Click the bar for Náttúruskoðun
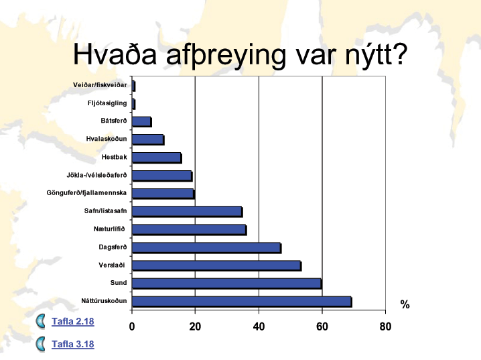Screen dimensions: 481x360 242,302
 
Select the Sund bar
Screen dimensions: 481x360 227,284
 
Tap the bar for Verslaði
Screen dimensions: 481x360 217,265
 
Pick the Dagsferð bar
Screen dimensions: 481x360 207,248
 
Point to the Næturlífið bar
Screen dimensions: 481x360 190,230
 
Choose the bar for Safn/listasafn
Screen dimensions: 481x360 188,212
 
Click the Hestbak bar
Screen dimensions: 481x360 157,158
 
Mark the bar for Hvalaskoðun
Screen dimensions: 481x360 148,139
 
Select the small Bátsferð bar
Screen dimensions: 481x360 142,121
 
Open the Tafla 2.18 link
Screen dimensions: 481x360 73,321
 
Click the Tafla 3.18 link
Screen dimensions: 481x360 73,344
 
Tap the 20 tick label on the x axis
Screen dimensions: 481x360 195,326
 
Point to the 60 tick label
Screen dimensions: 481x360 322,326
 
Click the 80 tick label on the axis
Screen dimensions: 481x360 385,326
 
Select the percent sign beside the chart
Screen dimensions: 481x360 405,304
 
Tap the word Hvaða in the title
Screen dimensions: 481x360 115,54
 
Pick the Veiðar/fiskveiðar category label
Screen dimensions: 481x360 100,85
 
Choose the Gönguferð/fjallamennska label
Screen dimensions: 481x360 86,193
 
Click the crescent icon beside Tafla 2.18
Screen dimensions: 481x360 40,321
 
